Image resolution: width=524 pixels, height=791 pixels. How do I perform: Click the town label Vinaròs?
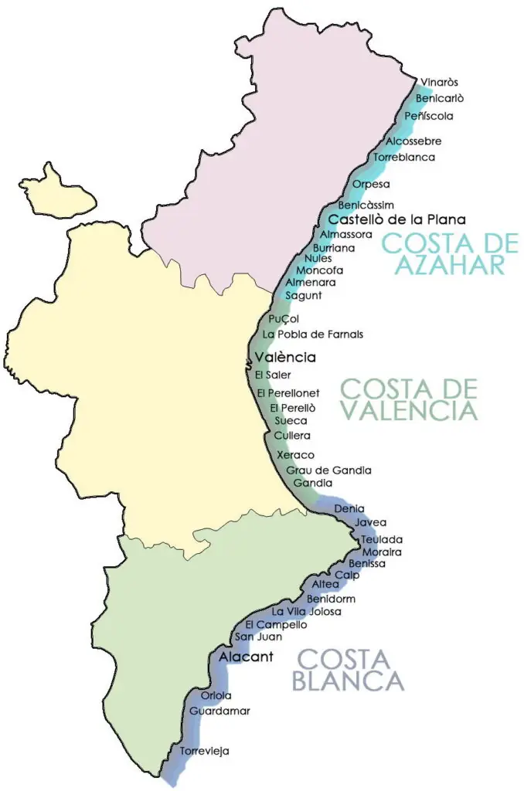[440, 83]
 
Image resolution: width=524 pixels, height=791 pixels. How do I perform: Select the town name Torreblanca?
[404, 158]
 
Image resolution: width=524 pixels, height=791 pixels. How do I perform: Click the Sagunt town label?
[304, 295]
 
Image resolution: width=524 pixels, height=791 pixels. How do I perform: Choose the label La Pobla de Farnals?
[313, 334]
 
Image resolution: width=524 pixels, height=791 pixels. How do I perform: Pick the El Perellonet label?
[288, 393]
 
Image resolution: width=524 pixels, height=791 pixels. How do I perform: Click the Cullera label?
[292, 436]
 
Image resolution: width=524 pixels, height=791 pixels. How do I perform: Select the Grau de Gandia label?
[328, 470]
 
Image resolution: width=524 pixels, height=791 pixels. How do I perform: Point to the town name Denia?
[350, 508]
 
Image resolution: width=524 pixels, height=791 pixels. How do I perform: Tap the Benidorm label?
[331, 599]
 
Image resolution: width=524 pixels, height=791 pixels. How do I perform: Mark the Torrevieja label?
[205, 750]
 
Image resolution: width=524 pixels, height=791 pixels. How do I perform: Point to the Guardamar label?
[219, 710]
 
